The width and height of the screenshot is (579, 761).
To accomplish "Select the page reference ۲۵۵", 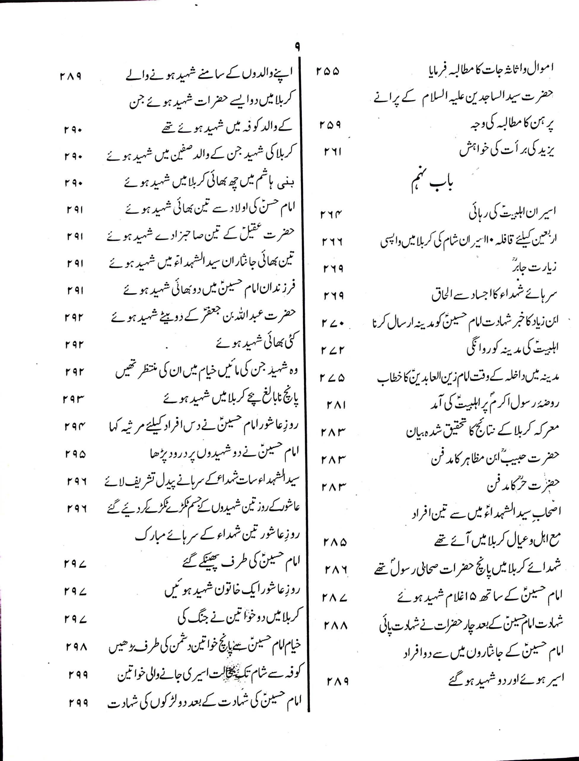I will [x=327, y=71].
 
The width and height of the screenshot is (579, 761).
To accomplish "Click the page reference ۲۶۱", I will [x=333, y=151].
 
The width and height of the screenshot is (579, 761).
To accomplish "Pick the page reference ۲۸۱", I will [x=336, y=405].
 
